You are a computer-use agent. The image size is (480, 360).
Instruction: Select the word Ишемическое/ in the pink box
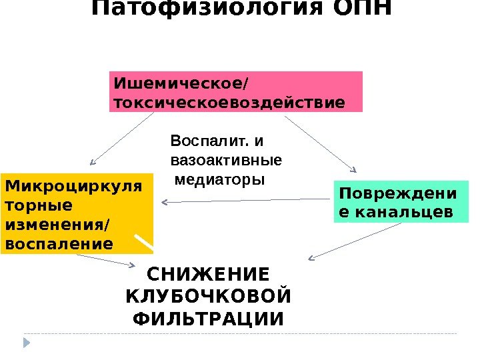point(180,85)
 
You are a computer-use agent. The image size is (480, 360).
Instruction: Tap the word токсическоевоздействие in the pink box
point(230,103)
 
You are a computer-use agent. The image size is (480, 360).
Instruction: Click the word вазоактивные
point(226,161)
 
